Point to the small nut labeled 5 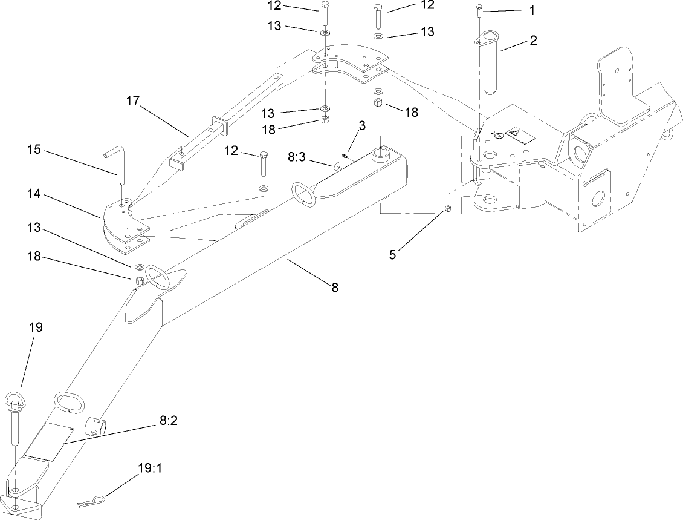(x=448, y=209)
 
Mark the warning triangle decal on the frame (x=515, y=133)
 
